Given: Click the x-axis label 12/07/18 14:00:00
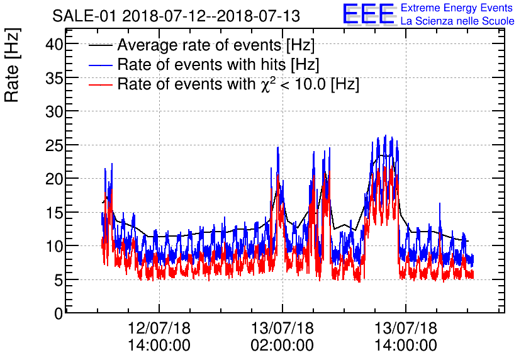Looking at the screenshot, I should (159, 337).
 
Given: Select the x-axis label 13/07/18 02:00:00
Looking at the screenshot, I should (283, 337).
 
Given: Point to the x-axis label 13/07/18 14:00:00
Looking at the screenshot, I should (406, 337).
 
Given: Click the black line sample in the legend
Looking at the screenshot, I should (101, 46).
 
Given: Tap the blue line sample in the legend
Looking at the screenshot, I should (101, 65).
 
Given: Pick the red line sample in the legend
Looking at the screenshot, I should (101, 84).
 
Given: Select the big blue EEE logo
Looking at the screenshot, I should (369, 14).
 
